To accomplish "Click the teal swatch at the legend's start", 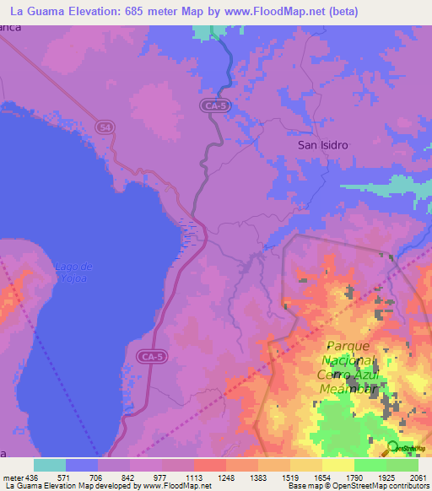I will click(x=50, y=465).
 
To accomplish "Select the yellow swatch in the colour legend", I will click(x=337, y=465).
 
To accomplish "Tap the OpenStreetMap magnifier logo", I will click(x=392, y=447).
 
